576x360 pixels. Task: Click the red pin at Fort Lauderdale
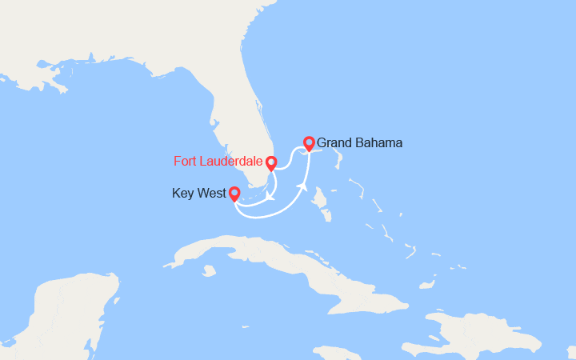(271, 163)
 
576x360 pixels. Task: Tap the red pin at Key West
(234, 193)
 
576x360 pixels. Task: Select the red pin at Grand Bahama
(309, 143)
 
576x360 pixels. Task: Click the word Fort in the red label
(186, 162)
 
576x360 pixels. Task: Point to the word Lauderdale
(232, 162)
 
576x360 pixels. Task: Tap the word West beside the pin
(210, 193)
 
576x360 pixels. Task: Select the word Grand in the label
(334, 143)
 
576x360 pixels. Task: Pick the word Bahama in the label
(378, 143)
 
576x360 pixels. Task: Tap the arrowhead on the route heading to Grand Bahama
(303, 186)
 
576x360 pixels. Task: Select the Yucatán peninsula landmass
(72, 312)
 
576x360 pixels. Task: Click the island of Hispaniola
(496, 332)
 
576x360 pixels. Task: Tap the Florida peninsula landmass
(232, 120)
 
